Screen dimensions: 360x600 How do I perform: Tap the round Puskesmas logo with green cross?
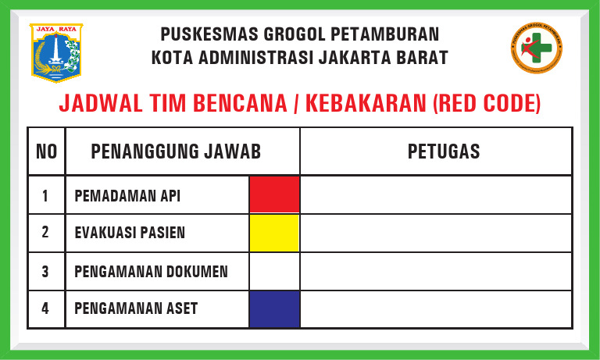point(536,50)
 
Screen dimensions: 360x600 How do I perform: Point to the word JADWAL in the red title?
point(98,104)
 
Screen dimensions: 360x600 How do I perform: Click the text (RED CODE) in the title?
point(486,104)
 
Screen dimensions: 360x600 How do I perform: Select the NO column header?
point(46,151)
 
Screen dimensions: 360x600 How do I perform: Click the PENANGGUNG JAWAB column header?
point(176,151)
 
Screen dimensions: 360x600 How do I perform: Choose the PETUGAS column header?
point(444,151)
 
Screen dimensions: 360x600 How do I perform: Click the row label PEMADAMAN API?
point(127,195)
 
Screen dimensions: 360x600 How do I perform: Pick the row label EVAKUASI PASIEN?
point(130,233)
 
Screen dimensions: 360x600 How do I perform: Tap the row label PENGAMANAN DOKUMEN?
point(151,271)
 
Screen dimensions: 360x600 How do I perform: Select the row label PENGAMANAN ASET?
point(136,308)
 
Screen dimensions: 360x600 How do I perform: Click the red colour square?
point(274,194)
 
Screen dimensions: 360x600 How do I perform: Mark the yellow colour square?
point(274,233)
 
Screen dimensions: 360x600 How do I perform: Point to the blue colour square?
point(274,308)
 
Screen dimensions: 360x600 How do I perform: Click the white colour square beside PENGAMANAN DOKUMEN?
point(274,271)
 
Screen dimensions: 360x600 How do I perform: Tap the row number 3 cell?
point(45,271)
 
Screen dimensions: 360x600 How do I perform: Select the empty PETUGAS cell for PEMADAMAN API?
point(435,194)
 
